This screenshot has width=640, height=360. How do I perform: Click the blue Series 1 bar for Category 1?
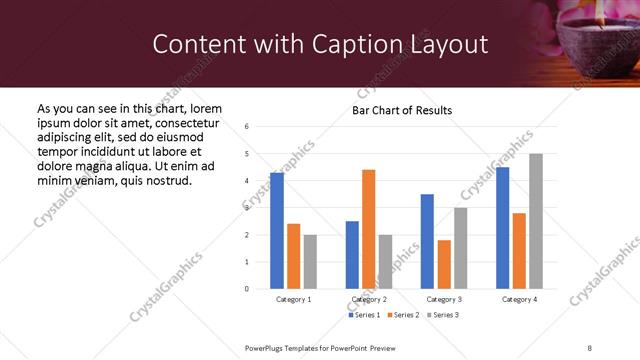(277, 231)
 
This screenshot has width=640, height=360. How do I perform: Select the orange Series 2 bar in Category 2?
(368, 229)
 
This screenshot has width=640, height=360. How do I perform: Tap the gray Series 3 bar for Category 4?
(536, 221)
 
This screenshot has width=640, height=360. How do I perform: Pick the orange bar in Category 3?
(444, 264)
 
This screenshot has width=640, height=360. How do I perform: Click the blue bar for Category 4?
(502, 228)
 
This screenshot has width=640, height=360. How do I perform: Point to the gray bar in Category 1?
(310, 262)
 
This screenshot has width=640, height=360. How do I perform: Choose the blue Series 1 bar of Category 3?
(427, 241)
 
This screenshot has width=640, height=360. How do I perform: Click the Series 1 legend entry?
(364, 315)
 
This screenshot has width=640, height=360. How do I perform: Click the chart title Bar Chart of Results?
(401, 110)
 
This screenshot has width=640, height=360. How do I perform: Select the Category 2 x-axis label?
(369, 299)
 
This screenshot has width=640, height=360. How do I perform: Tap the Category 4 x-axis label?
(519, 299)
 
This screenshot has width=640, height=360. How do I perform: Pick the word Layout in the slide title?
(441, 44)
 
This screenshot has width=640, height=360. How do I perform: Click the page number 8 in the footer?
(589, 348)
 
